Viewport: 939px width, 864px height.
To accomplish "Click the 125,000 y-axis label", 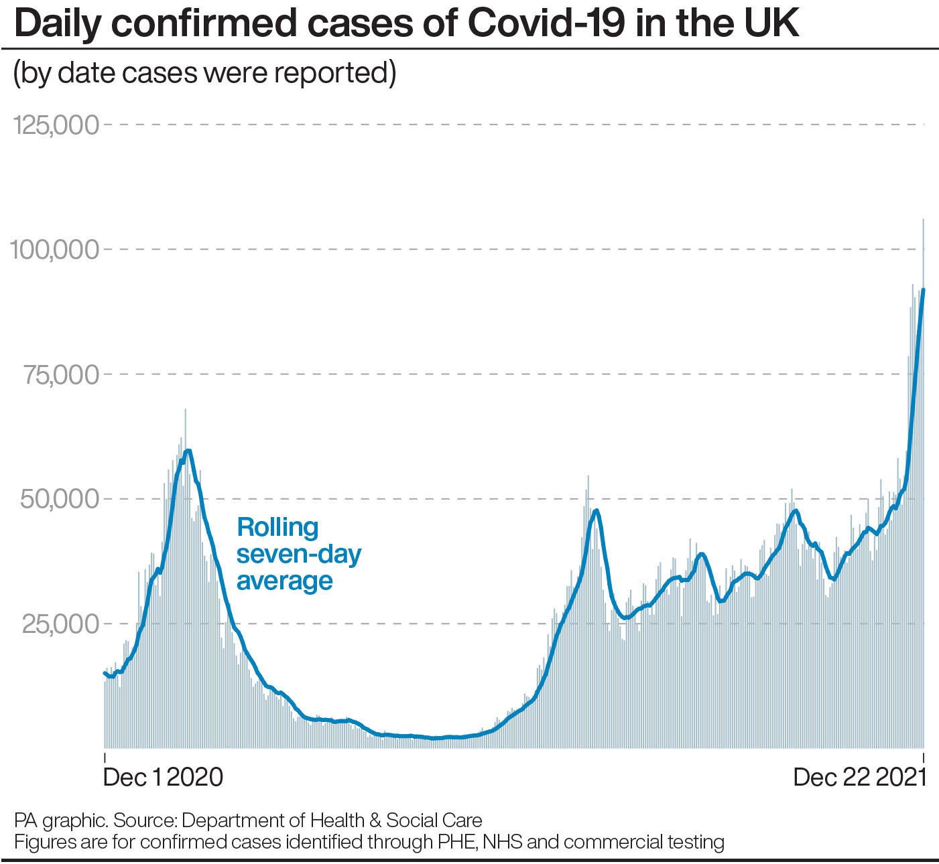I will click(x=56, y=125).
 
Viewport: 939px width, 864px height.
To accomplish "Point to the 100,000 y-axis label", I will click(x=54, y=250).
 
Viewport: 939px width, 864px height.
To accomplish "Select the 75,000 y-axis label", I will click(x=62, y=374).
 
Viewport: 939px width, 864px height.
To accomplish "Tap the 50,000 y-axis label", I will click(x=62, y=499).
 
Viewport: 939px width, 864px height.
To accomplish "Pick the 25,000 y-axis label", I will click(x=62, y=624).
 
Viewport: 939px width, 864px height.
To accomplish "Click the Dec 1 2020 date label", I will click(x=163, y=777).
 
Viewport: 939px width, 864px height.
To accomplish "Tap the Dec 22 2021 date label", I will click(x=860, y=777).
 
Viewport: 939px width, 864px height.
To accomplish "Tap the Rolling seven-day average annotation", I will click(x=298, y=554).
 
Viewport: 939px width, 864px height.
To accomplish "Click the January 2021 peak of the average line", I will click(x=188, y=451).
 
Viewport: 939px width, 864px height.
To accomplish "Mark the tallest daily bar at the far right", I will click(x=924, y=221).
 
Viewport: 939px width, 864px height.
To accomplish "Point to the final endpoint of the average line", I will click(x=924, y=289).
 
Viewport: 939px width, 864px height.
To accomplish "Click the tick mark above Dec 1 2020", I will click(x=105, y=758).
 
